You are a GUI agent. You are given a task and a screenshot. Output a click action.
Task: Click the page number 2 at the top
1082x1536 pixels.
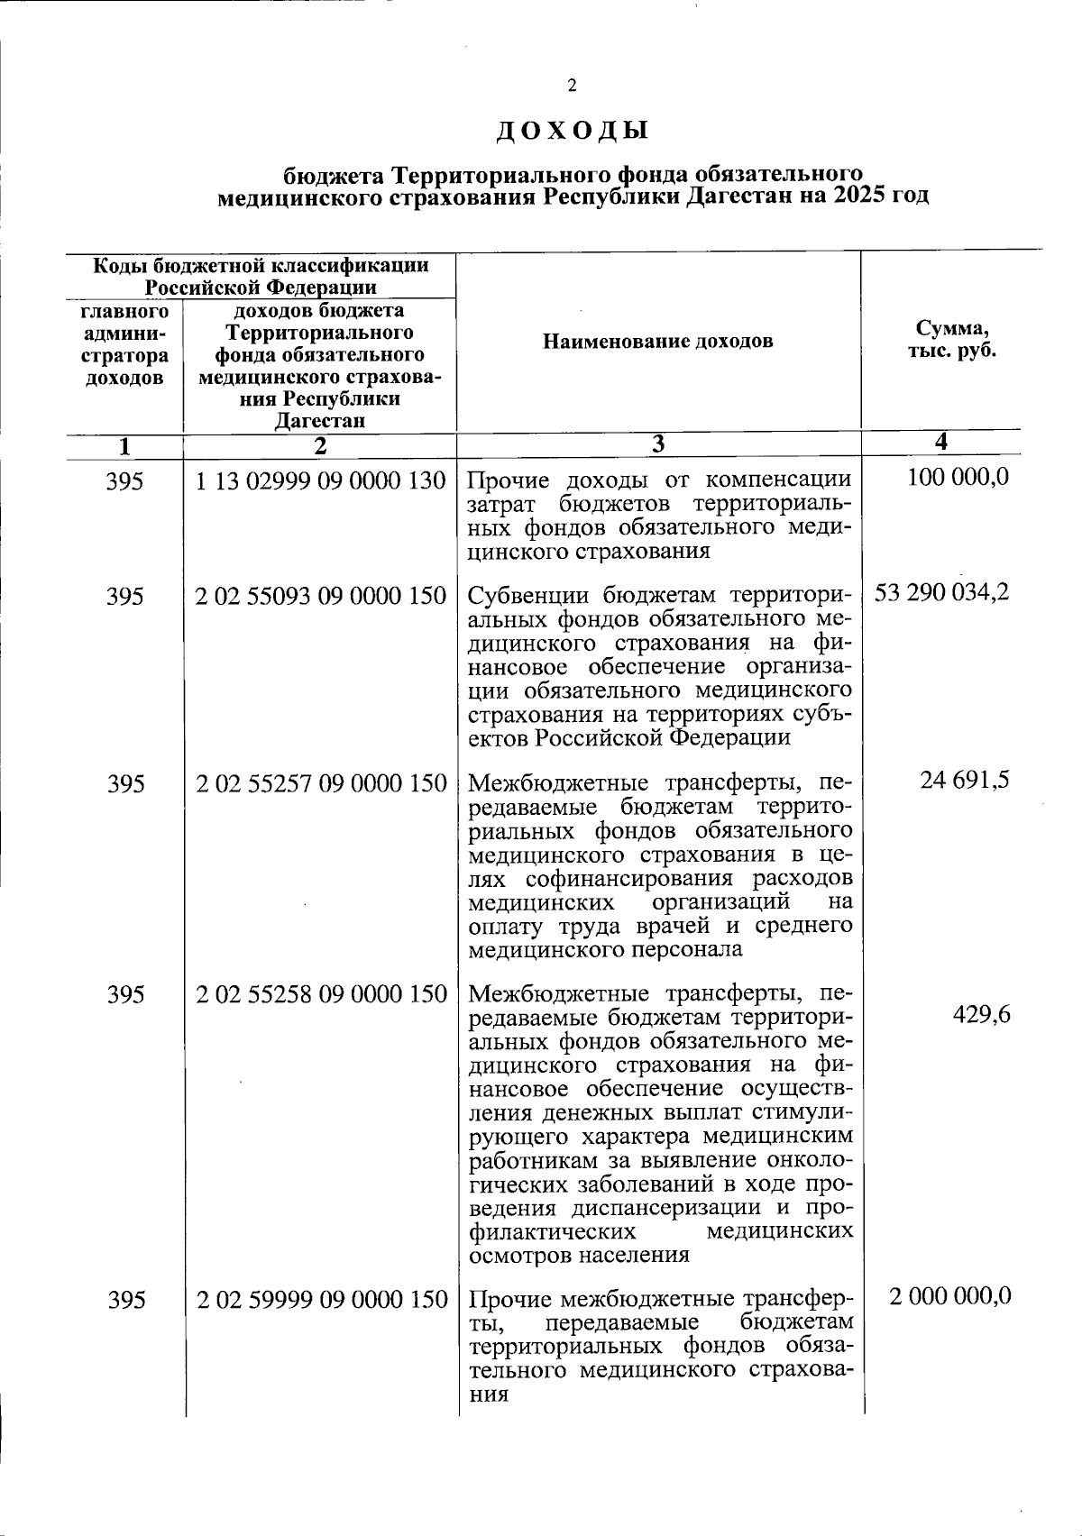[x=571, y=87]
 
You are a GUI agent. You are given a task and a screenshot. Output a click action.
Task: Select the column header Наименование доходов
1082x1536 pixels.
[x=658, y=342]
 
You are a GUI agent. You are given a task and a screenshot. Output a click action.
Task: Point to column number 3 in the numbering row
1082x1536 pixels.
[x=658, y=444]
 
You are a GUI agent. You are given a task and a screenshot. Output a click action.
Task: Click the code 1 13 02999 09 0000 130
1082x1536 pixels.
[x=321, y=481]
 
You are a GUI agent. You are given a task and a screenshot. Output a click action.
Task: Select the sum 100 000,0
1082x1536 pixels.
[x=958, y=478]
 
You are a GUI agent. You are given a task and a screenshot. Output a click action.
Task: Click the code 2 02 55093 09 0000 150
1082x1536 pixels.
[x=321, y=596]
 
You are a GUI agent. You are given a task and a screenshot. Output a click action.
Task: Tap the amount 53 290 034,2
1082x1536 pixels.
[x=941, y=593]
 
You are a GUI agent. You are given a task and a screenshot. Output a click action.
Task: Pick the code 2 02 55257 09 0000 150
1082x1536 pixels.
[x=321, y=784]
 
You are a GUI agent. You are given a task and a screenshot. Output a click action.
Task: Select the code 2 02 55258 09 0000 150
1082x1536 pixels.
[x=321, y=994]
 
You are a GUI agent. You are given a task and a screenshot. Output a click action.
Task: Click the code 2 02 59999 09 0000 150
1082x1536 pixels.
[x=321, y=1300]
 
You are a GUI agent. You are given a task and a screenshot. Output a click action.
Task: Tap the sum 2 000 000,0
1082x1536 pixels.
[x=949, y=1297]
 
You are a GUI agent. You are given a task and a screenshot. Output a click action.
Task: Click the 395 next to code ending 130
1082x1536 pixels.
[x=124, y=482]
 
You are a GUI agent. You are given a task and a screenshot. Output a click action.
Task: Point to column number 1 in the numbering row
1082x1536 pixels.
[x=124, y=445]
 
